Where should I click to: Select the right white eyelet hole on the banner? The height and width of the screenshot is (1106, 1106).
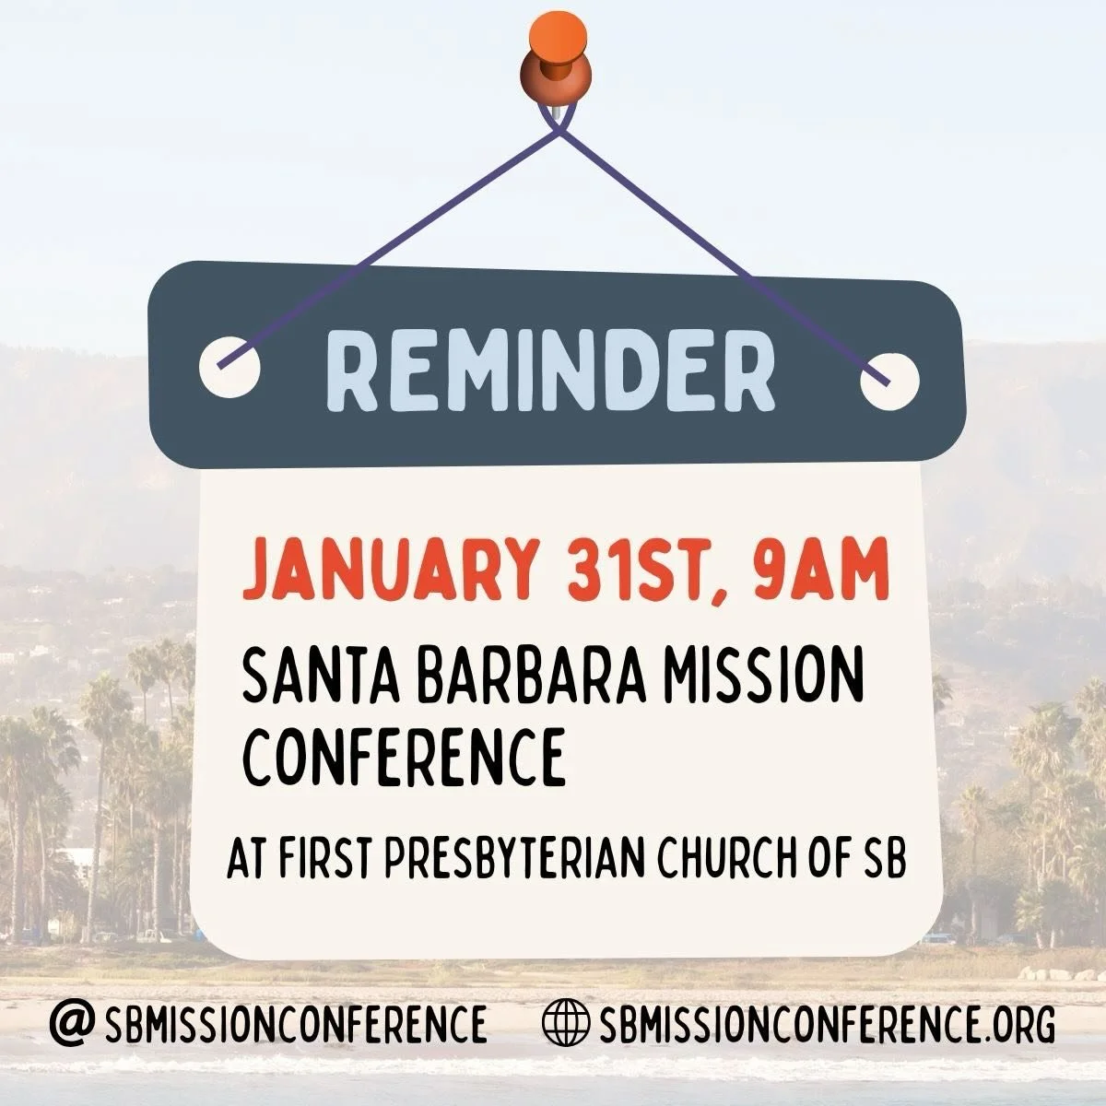click(889, 379)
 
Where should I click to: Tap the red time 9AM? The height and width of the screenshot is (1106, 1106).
click(819, 571)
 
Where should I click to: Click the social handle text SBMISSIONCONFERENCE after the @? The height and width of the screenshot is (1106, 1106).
click(296, 1023)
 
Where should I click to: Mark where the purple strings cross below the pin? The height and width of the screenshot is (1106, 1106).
click(558, 132)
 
